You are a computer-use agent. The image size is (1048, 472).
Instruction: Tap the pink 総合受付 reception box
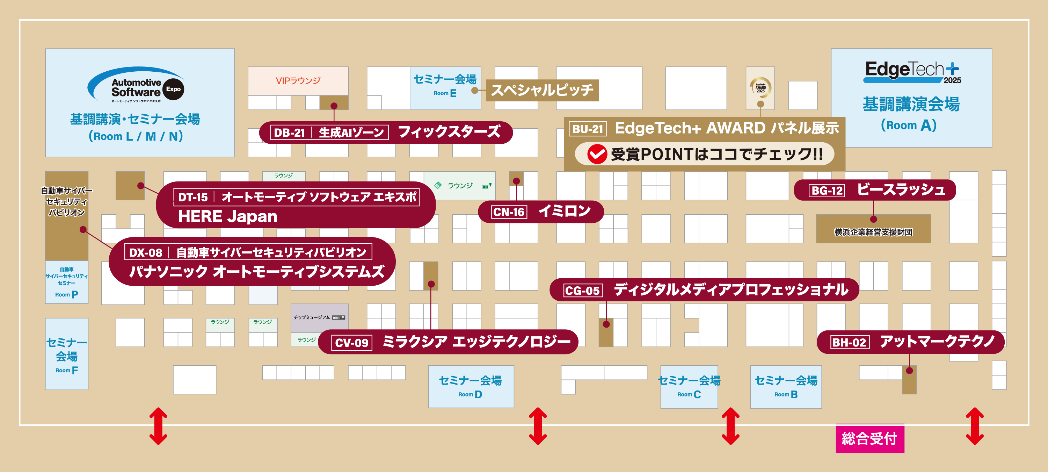pyautogui.click(x=869, y=438)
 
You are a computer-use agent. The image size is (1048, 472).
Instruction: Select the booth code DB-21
pyautogui.click(x=289, y=133)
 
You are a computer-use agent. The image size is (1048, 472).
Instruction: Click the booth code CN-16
pyautogui.click(x=509, y=212)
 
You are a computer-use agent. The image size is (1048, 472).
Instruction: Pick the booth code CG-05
pyautogui.click(x=582, y=291)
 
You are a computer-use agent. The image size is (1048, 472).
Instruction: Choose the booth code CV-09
pyautogui.click(x=351, y=343)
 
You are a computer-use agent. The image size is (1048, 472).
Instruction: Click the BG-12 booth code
pyautogui.click(x=827, y=191)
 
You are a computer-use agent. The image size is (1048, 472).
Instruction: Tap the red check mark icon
pyautogui.click(x=597, y=154)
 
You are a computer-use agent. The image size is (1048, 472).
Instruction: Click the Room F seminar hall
pyautogui.click(x=67, y=354)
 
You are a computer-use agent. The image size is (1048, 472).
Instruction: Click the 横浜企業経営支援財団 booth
pyautogui.click(x=873, y=232)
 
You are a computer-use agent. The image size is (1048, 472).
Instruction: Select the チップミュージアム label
pyautogui.click(x=312, y=317)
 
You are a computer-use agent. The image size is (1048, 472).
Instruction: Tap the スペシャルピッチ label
pyautogui.click(x=542, y=90)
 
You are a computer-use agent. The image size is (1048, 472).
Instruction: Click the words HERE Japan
pyautogui.click(x=227, y=216)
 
